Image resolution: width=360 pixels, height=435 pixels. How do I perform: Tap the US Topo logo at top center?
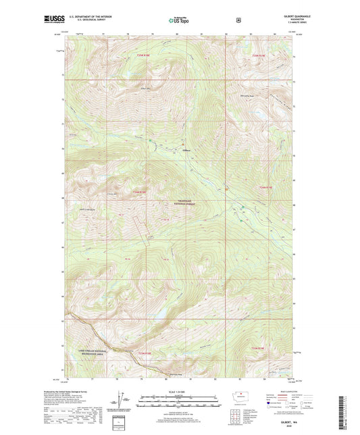(x=180, y=20)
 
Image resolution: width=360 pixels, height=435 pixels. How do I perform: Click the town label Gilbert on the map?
(x=187, y=149)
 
